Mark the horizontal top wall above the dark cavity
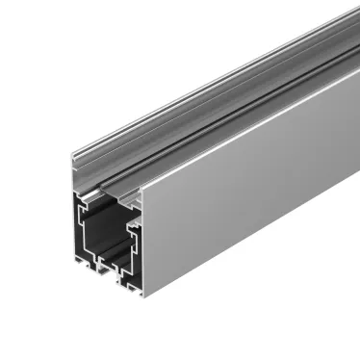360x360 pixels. coord(106,196)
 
